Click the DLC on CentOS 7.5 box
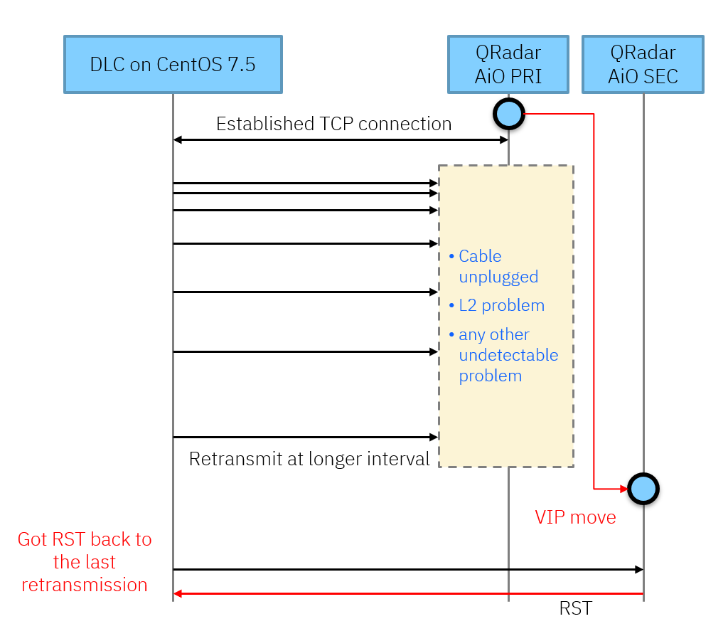point(173,65)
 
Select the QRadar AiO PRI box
point(508,65)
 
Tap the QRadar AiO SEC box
point(643,65)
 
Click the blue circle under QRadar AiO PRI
point(508,114)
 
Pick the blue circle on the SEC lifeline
point(643,489)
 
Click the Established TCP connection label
point(333,124)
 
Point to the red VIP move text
point(575,517)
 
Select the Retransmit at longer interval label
point(309,459)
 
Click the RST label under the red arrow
point(575,609)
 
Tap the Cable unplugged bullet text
point(498,267)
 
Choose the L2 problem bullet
point(500,306)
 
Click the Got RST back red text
point(85,562)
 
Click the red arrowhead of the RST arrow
point(178,594)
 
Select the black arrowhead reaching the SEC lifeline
point(638,569)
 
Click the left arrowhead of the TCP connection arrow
point(178,140)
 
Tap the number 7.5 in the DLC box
point(241,65)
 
